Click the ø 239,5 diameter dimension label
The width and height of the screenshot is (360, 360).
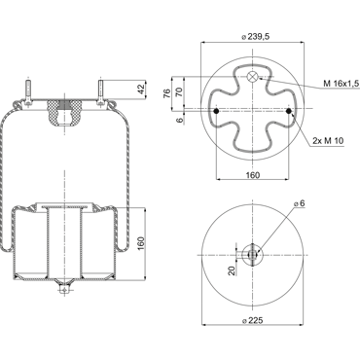tap(256, 37)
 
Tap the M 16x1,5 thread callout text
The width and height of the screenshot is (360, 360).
tap(342, 84)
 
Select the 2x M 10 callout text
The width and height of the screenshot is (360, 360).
tap(328, 141)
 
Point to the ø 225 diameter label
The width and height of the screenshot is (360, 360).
tap(253, 320)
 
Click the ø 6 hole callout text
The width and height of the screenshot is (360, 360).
tap(300, 203)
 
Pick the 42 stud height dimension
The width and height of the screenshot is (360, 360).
tap(141, 90)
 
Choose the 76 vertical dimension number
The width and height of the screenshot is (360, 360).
tap(166, 93)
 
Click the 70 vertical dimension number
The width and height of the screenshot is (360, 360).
tap(178, 92)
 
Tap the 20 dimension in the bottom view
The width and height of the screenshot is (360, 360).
tap(232, 270)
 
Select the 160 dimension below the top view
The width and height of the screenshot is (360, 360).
tap(252, 175)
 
